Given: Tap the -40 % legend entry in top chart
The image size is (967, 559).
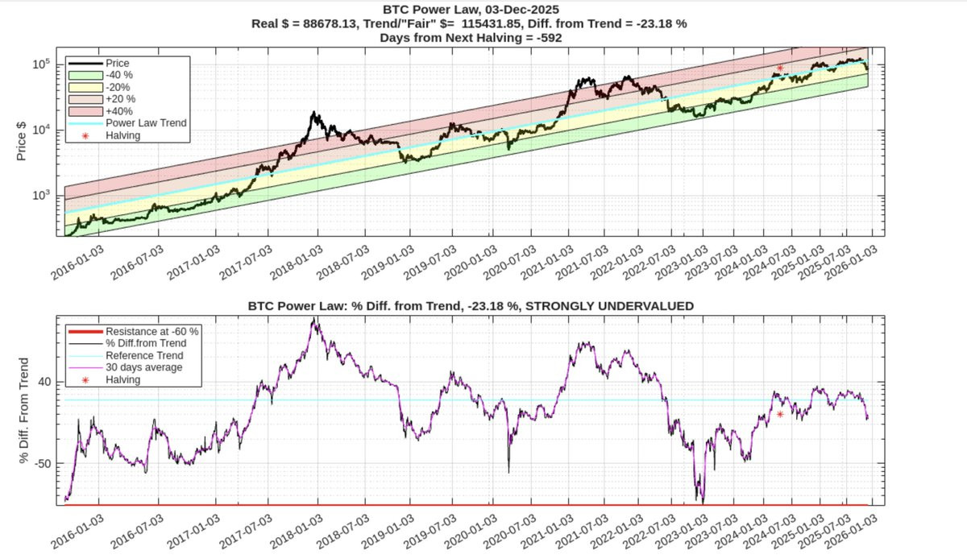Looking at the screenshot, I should [x=119, y=75].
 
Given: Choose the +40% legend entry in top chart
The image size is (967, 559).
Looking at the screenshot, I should [x=118, y=111].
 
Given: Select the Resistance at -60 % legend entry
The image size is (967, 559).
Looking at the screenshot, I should [x=152, y=331].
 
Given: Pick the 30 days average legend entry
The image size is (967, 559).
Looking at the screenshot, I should [x=144, y=367].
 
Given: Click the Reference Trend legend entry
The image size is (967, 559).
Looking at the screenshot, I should [x=144, y=355].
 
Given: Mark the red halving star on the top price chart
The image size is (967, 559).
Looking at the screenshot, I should [x=780, y=69].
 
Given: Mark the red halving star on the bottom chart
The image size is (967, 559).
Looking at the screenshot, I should [x=780, y=414].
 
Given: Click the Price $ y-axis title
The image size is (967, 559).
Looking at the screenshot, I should [x=23, y=141].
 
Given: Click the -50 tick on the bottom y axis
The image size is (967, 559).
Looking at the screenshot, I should [x=48, y=464].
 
